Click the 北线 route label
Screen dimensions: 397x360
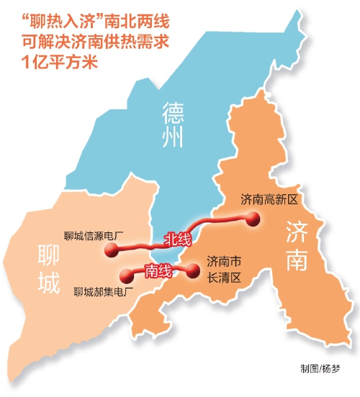(176, 239)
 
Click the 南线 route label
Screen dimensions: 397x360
(158, 271)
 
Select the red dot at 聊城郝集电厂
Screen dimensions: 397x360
(126, 274)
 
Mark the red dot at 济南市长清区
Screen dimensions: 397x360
(193, 270)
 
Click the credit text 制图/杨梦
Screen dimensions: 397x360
(321, 369)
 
